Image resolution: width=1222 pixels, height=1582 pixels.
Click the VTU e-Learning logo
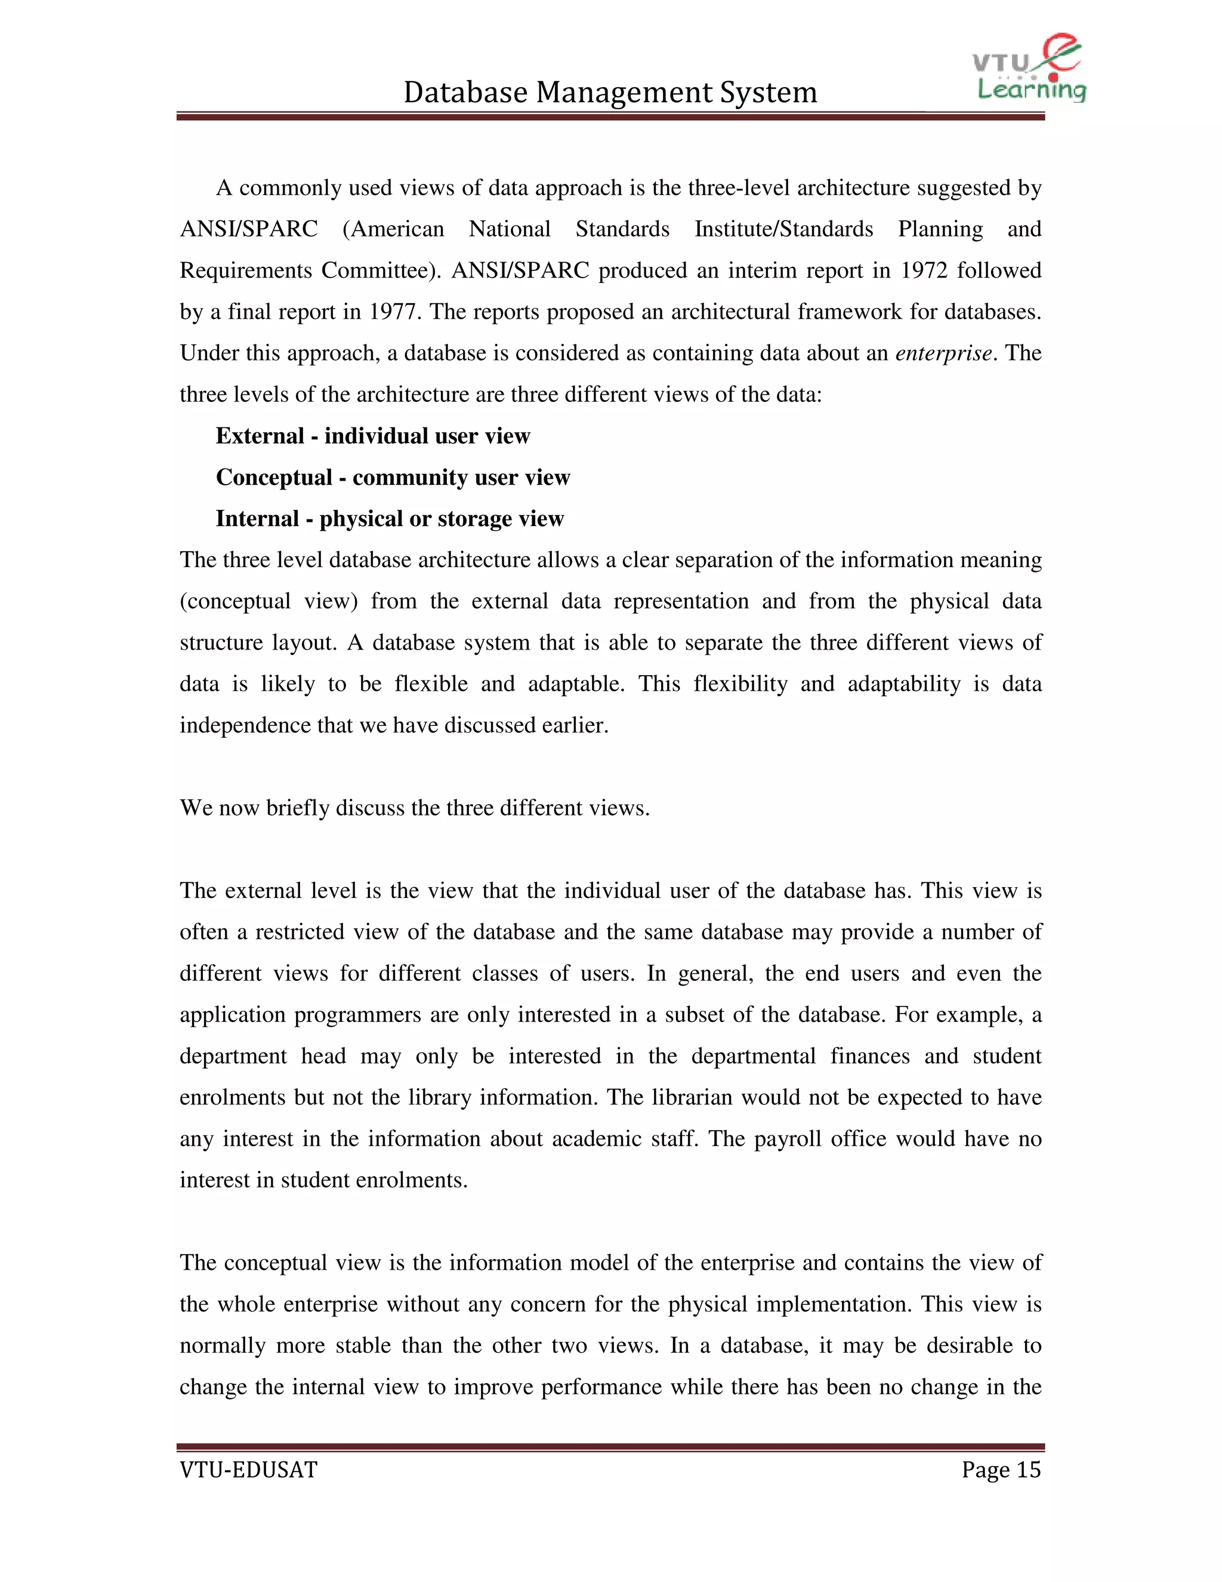click(x=1029, y=68)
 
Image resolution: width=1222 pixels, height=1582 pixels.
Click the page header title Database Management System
click(x=610, y=93)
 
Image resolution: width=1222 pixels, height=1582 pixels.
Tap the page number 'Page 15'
click(x=1001, y=1470)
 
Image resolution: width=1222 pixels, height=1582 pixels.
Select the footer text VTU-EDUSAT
click(x=248, y=1470)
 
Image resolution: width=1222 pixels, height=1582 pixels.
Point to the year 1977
click(x=393, y=312)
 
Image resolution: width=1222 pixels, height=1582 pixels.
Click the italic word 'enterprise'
click(x=943, y=353)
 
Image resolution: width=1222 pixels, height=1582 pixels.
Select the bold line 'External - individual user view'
click(x=372, y=436)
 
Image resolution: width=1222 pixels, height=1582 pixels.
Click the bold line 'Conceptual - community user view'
click(x=393, y=478)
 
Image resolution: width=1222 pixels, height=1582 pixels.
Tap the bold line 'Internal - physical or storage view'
click(x=390, y=519)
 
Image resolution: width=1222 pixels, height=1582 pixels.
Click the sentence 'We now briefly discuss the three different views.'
click(x=414, y=808)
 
